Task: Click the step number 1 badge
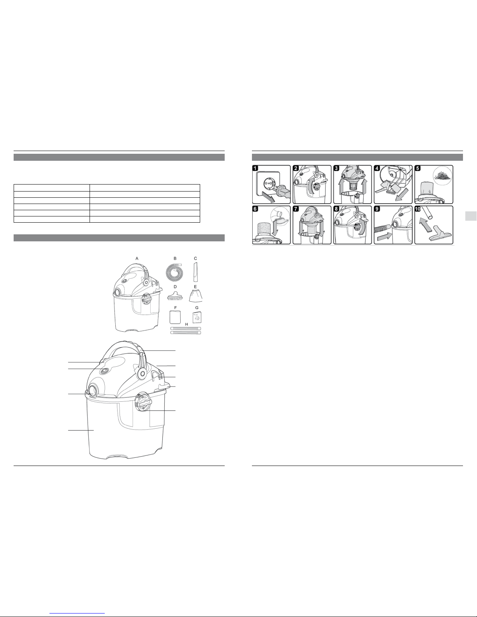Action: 255,169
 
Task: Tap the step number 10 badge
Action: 418,209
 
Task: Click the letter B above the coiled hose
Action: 175,258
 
